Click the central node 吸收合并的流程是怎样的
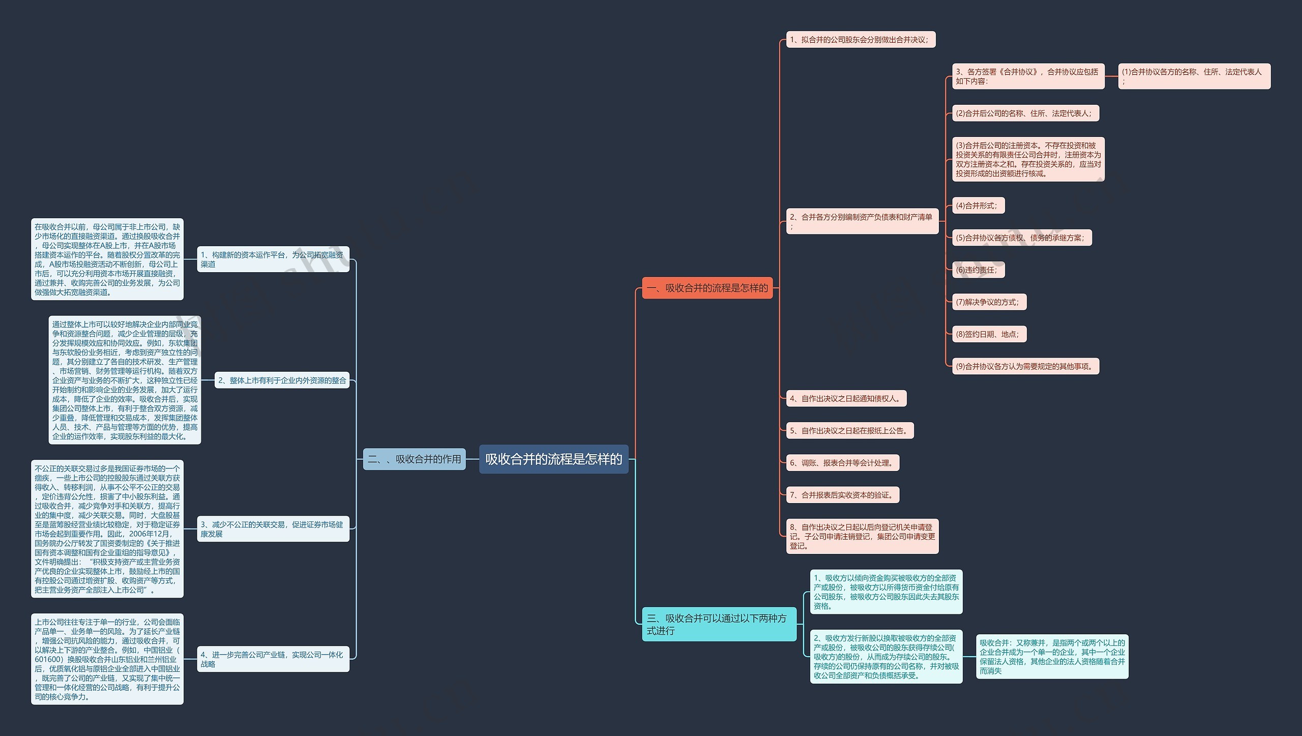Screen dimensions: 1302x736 click(553, 459)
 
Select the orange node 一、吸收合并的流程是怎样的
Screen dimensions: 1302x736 click(707, 288)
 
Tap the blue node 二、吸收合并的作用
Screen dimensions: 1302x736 click(415, 459)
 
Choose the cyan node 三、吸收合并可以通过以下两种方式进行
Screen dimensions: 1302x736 click(719, 624)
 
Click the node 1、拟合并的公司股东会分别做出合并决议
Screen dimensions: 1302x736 click(861, 40)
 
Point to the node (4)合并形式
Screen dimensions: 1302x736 click(979, 205)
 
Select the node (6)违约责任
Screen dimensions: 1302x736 click(979, 270)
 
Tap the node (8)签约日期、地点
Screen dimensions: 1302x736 click(989, 334)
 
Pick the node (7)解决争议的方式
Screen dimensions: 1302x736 click(989, 302)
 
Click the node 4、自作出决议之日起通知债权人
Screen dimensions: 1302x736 click(846, 398)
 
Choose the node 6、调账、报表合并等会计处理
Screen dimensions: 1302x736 click(843, 463)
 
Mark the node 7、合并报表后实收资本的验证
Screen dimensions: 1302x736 click(843, 495)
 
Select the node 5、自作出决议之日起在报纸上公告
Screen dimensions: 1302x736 click(850, 431)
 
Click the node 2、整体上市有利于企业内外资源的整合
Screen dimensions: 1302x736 click(282, 380)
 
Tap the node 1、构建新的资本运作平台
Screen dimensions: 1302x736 click(273, 259)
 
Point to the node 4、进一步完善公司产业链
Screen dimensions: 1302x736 click(273, 659)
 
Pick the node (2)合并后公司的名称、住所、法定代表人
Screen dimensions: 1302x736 click(1026, 113)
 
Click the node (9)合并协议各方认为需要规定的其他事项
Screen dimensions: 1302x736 click(1026, 366)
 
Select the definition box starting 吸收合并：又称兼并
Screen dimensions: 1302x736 click(1052, 657)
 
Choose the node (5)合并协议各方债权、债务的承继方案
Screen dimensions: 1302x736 click(1022, 238)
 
